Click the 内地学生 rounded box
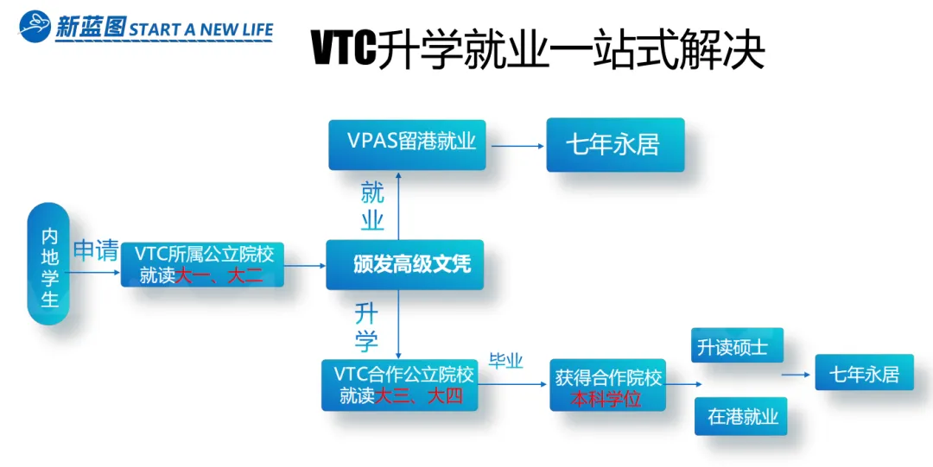tap(49, 264)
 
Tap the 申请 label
tap(95, 251)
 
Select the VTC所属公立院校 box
tap(203, 264)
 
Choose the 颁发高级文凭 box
tap(404, 264)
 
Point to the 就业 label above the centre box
tap(372, 206)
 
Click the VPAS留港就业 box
tap(407, 143)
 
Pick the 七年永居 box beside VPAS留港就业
tap(614, 145)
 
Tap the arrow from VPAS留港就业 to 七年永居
tap(517, 145)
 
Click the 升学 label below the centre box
tap(366, 326)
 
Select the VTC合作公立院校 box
tap(399, 385)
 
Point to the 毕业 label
tap(506, 362)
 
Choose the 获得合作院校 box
tap(608, 385)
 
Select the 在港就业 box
tap(742, 416)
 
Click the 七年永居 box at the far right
tap(864, 374)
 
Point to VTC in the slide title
tap(344, 50)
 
